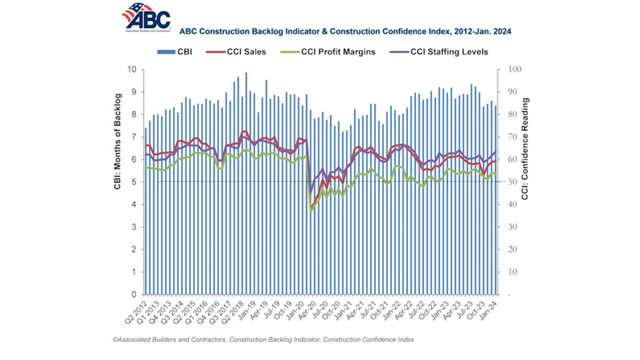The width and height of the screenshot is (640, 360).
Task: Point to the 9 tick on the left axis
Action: (133, 91)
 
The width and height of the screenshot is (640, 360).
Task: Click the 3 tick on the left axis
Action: (133, 227)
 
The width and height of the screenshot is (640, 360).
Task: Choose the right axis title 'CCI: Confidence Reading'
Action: (525, 149)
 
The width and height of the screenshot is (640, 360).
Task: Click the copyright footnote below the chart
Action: (263, 340)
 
